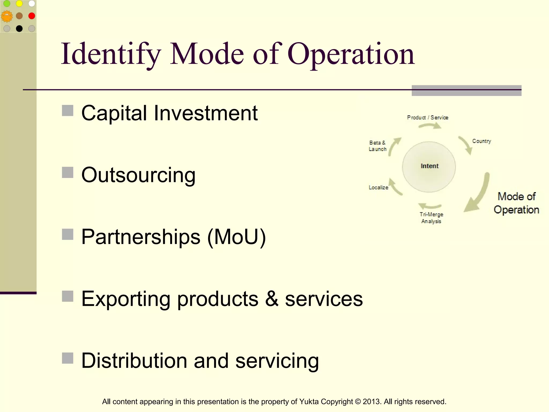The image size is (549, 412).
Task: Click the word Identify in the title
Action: [111, 54]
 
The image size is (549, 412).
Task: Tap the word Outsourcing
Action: [138, 175]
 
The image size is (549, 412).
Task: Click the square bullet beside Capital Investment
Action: [68, 111]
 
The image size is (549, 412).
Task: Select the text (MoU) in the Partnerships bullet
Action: [237, 237]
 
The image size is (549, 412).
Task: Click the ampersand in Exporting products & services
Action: [272, 299]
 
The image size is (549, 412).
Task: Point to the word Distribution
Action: [134, 361]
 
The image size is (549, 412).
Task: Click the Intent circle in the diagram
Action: [429, 166]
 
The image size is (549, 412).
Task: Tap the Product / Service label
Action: [428, 117]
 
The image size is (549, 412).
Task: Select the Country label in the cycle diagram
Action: [481, 141]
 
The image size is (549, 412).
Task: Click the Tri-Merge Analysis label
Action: [431, 218]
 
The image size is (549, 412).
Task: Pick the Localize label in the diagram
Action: [378, 187]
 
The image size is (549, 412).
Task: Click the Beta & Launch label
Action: [377, 146]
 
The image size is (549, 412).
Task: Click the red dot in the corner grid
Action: [32, 16]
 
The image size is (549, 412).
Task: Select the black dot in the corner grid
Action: [19, 28]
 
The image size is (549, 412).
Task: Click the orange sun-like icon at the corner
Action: [7, 16]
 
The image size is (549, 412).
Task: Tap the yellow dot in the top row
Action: [19, 3]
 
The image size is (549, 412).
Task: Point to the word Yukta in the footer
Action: [309, 402]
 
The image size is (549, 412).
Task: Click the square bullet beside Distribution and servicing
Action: [68, 358]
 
